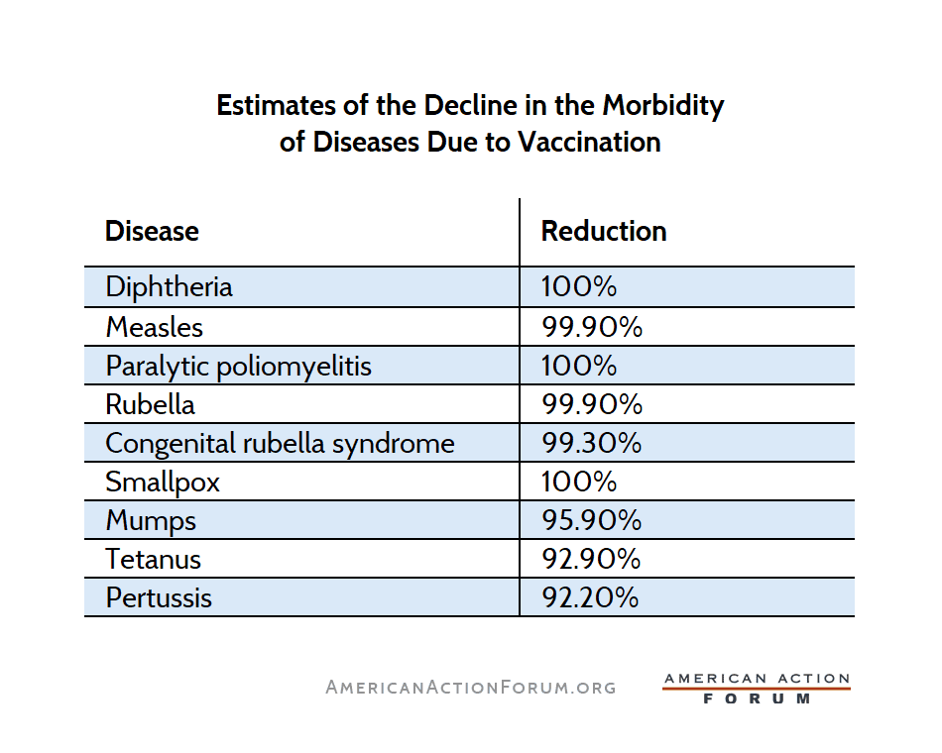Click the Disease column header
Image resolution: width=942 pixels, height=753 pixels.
click(152, 232)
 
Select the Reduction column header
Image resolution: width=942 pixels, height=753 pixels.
click(603, 232)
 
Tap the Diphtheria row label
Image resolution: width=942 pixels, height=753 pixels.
click(169, 287)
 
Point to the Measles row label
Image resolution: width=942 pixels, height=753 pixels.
click(154, 327)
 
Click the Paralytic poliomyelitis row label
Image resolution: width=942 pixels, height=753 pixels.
click(238, 366)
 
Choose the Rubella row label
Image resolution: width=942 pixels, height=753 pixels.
click(150, 404)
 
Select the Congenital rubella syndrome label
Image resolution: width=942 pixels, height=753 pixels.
click(280, 443)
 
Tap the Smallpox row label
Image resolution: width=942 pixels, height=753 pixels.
click(163, 482)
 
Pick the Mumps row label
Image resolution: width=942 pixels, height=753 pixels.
click(151, 520)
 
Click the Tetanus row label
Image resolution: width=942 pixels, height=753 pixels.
click(153, 559)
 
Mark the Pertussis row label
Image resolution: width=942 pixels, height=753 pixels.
click(159, 597)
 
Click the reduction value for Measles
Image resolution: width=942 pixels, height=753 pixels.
click(591, 327)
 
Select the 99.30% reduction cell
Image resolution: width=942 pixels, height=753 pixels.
click(591, 443)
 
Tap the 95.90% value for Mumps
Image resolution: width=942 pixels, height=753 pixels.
click(591, 520)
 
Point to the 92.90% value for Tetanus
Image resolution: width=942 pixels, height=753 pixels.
click(591, 559)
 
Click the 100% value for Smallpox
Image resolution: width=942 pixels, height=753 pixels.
click(579, 482)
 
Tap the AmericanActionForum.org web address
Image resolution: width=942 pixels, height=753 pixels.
click(471, 687)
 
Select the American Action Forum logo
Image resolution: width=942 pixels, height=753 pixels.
click(757, 689)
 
